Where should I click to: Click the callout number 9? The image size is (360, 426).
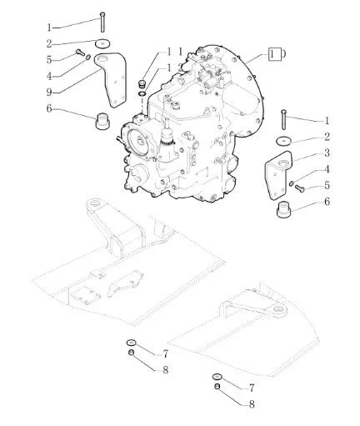(49, 92)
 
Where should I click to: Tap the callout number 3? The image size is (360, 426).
(327, 153)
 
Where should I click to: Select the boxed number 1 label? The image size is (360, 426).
(273, 54)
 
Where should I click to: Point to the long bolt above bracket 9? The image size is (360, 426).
(102, 22)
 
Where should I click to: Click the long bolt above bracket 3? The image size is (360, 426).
(283, 119)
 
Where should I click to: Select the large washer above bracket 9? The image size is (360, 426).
(102, 43)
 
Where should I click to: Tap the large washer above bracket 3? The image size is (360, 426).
(283, 141)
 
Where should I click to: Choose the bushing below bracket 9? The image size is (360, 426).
(102, 121)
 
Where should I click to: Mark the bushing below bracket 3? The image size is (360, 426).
(284, 210)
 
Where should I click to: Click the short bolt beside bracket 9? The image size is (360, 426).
(80, 52)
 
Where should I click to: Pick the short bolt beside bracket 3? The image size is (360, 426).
(300, 188)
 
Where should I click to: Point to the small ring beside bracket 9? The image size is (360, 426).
(87, 58)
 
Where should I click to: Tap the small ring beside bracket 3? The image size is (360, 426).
(292, 183)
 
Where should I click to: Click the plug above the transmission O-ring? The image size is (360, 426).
(142, 83)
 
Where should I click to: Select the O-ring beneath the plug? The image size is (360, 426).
(142, 93)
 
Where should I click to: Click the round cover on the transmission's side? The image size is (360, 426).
(139, 141)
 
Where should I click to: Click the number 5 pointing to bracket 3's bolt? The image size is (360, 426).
(327, 185)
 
